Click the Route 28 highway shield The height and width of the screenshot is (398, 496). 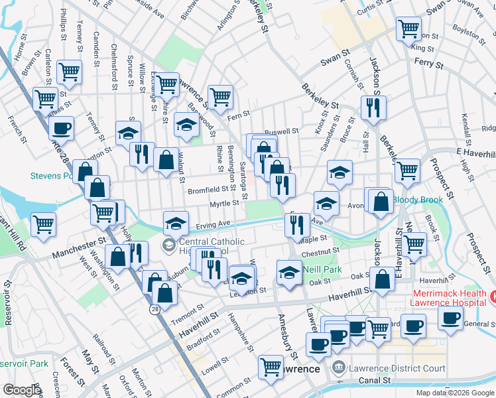(x=155, y=310)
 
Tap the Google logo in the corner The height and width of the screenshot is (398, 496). (x=23, y=390)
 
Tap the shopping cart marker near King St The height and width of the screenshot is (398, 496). (x=409, y=29)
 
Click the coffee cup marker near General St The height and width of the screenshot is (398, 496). (x=451, y=318)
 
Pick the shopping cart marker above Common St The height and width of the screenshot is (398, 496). (x=271, y=367)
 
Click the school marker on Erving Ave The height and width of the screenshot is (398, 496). (x=176, y=222)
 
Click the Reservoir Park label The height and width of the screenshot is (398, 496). (x=24, y=364)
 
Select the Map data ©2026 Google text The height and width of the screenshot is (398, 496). (x=455, y=393)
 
